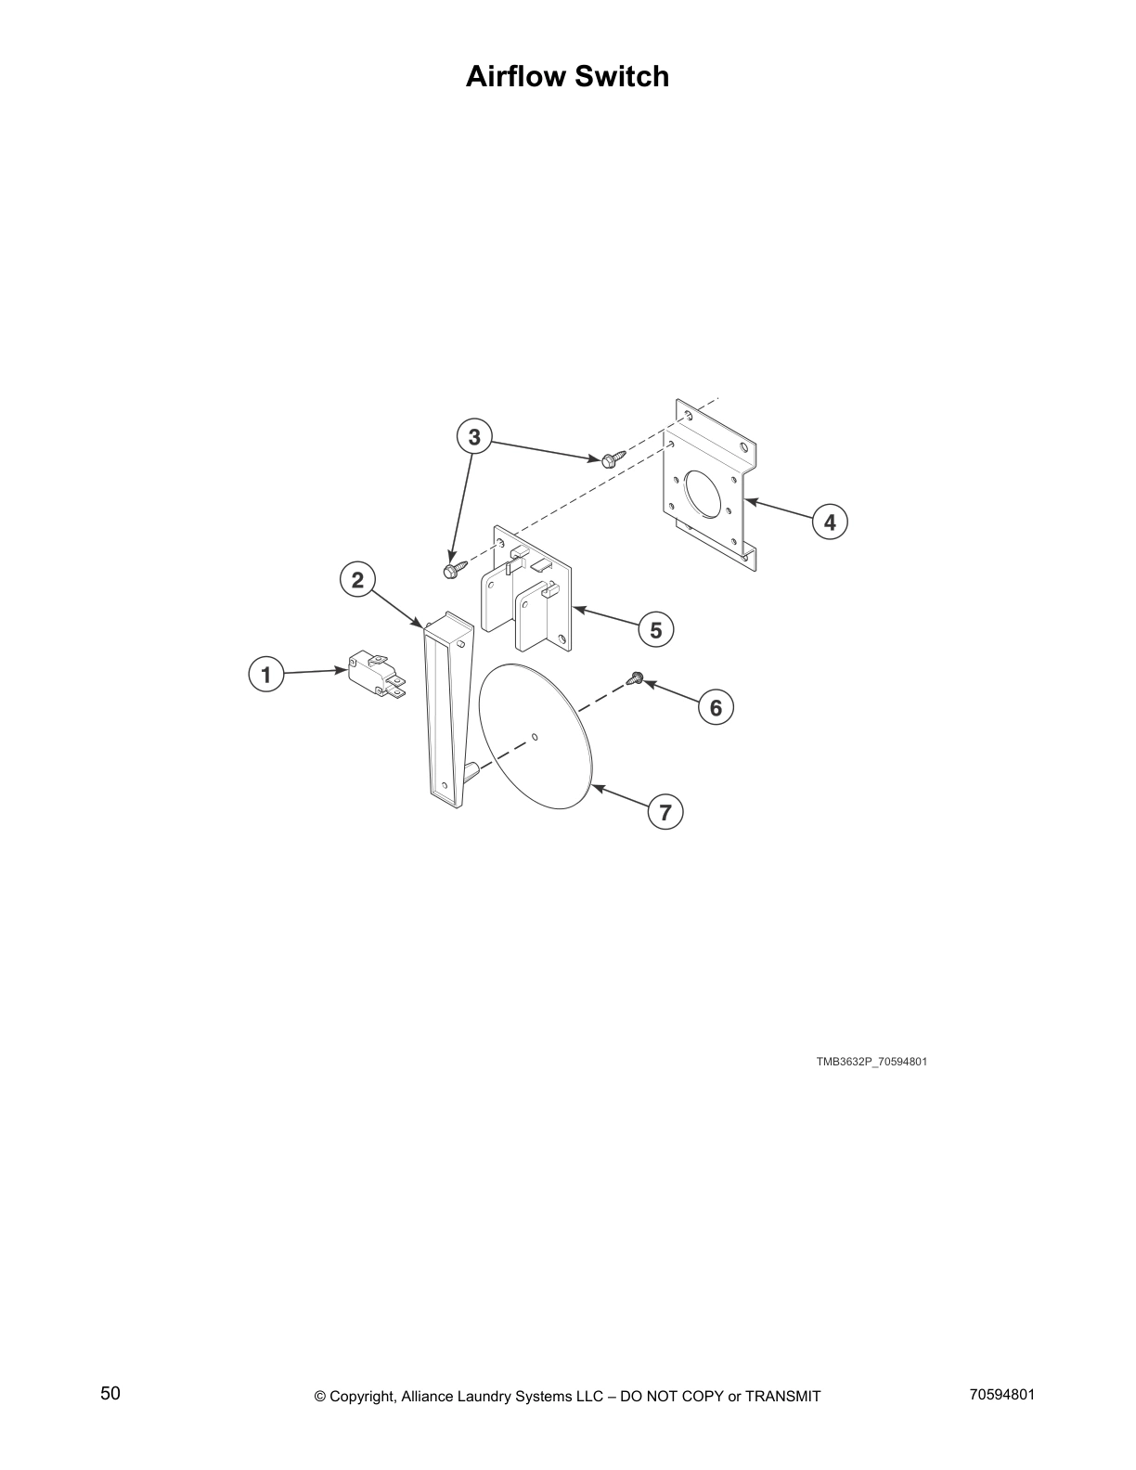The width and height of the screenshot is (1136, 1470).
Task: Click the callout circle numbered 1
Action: [x=266, y=674]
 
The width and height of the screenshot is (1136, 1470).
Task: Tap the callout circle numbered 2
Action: [x=357, y=580]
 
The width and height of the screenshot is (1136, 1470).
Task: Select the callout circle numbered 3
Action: [x=474, y=436]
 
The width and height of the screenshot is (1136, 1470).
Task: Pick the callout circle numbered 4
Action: [x=830, y=522]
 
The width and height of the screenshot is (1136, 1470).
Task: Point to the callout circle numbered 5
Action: [x=656, y=630]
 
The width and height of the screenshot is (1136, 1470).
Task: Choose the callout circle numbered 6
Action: [x=716, y=708]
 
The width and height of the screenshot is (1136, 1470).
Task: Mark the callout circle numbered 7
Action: [x=665, y=813]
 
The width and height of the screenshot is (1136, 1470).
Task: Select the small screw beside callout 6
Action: [x=636, y=679]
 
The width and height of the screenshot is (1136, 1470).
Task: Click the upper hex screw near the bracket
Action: [x=612, y=458]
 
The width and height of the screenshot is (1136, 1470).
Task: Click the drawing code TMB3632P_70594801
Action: [x=871, y=1062]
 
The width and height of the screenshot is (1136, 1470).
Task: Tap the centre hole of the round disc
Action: [x=534, y=739]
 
